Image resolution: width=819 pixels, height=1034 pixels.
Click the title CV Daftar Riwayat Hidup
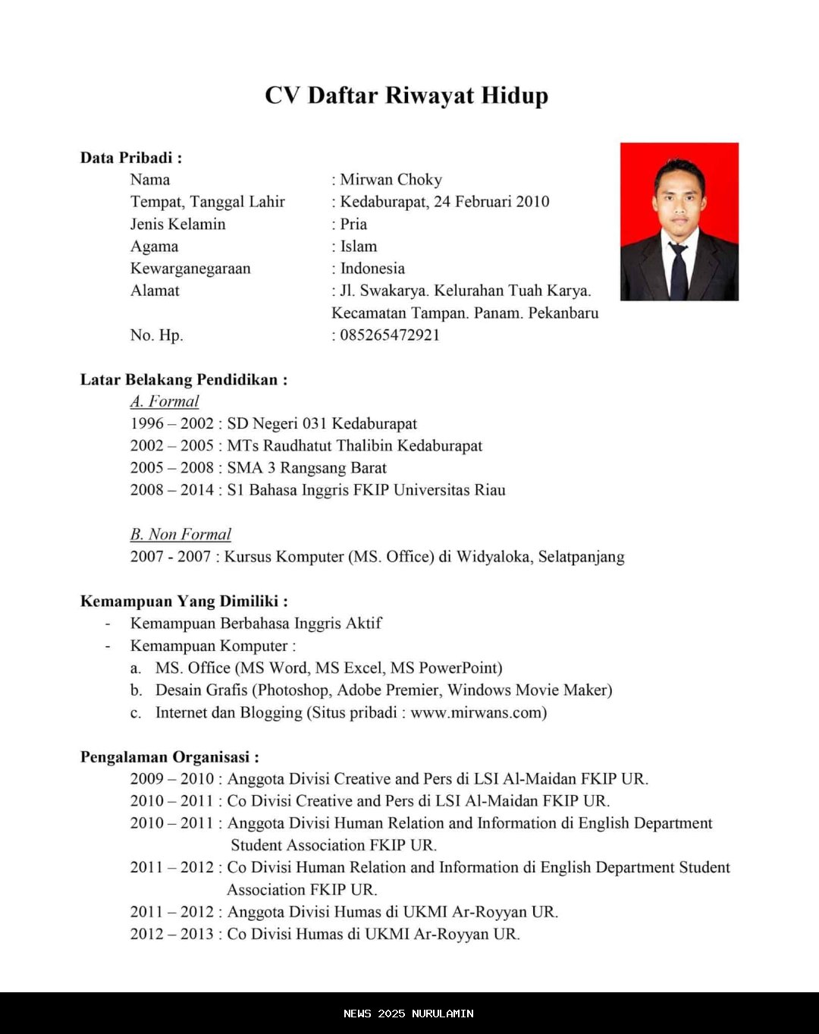tap(406, 96)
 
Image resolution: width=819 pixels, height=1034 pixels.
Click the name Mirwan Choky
tap(391, 180)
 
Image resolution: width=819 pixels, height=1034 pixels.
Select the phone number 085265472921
tap(390, 335)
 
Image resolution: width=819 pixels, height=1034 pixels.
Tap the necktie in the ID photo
tap(679, 270)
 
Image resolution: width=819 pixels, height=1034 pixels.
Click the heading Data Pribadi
tap(130, 158)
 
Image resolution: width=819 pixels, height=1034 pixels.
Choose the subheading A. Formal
tap(165, 401)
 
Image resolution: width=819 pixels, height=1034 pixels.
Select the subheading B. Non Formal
tap(180, 534)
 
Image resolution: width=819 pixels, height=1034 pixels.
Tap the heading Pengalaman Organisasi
tap(169, 757)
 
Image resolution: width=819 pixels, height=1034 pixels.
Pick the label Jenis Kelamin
tap(177, 225)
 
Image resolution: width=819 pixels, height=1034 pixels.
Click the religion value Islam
tap(359, 247)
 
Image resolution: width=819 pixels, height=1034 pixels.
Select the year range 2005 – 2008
tap(172, 468)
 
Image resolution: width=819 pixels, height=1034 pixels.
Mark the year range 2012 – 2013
tap(172, 934)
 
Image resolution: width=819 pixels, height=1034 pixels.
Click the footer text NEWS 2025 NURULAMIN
tap(408, 1014)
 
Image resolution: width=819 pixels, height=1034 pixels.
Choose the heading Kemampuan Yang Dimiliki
tap(184, 602)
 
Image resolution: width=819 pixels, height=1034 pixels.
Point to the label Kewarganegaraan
tap(190, 269)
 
